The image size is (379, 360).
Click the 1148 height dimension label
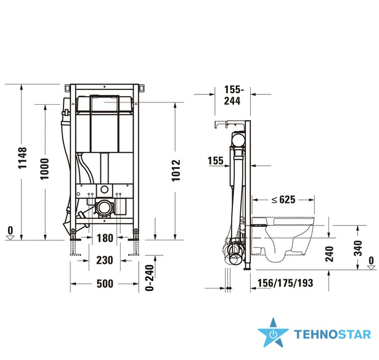[x=22, y=158]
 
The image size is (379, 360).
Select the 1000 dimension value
[x=45, y=169]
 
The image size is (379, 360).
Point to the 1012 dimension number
[x=176, y=170]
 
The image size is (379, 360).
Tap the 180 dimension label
[x=105, y=238]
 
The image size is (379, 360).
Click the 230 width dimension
[x=105, y=260]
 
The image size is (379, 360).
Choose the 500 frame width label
[x=105, y=284]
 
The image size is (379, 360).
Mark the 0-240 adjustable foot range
[x=150, y=278]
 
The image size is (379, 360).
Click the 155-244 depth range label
[x=233, y=96]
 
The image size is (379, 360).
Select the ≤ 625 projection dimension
[x=283, y=200]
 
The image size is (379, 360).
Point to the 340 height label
[x=358, y=248]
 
